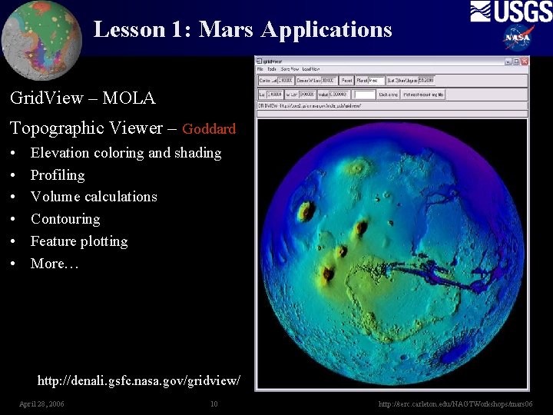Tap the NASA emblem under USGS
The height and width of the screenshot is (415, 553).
518,37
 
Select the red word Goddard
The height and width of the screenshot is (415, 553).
209,129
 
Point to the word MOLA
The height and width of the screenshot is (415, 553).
129,98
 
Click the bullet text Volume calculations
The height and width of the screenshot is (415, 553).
94,197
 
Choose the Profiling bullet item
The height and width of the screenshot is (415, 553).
58,175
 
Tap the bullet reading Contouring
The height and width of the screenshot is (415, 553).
65,219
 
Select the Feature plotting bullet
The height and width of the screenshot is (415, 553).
79,241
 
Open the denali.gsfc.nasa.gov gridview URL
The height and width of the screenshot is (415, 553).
139,380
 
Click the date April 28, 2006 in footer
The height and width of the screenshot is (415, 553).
41,404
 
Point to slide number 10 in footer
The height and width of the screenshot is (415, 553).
214,404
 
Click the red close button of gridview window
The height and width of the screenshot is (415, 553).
525,61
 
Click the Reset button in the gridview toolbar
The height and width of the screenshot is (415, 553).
346,80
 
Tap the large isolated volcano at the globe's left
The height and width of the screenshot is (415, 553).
306,210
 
